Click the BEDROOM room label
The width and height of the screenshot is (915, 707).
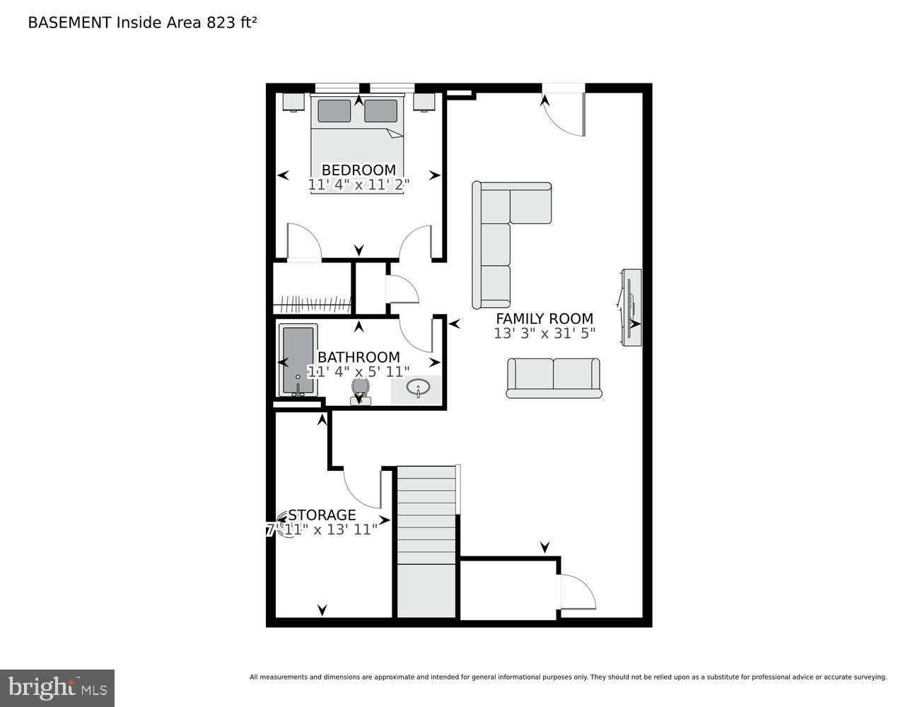359,170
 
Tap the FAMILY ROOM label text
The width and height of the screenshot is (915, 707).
544,318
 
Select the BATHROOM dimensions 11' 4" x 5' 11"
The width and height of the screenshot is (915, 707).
359,371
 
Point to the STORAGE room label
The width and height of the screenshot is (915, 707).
322,515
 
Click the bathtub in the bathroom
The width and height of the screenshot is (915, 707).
297,361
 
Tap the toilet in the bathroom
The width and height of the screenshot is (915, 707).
360,390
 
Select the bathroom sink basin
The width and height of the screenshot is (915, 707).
418,389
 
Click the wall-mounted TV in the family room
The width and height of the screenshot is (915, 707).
631,307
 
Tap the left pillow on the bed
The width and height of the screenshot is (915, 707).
334,111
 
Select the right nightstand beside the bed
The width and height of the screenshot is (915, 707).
424,102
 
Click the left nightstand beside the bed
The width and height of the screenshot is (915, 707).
293,102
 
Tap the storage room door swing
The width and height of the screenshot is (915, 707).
361,488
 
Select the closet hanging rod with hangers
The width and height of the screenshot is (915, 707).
312,305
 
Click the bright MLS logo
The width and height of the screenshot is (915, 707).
57,687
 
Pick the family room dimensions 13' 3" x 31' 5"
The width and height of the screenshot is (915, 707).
544,333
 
